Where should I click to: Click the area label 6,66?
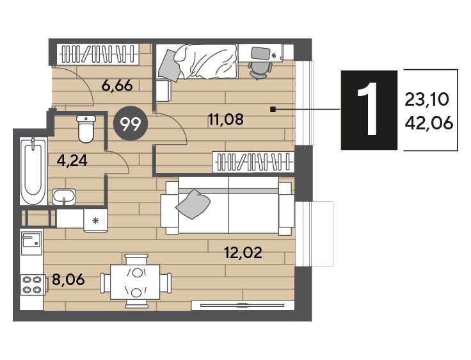click(117, 86)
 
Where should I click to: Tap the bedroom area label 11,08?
click(226, 120)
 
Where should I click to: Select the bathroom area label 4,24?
click(72, 161)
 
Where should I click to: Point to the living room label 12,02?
click(243, 252)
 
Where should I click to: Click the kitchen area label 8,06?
click(68, 280)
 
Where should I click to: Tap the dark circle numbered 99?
click(131, 124)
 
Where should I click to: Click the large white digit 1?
click(369, 110)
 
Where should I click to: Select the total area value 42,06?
click(429, 123)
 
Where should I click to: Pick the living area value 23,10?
click(427, 99)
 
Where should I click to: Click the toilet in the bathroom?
click(86, 129)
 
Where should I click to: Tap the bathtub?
click(33, 171)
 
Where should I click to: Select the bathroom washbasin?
click(64, 197)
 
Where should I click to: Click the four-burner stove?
click(32, 285)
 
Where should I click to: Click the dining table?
click(135, 281)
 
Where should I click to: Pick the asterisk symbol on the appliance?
click(95, 222)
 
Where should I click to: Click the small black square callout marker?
click(273, 110)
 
